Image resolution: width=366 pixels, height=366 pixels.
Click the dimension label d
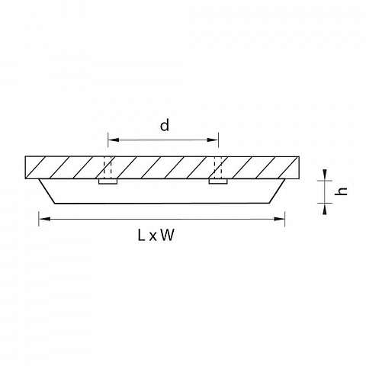tap(165, 126)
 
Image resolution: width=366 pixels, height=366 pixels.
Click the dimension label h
tap(341, 191)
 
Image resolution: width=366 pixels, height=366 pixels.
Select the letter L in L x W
tap(141, 235)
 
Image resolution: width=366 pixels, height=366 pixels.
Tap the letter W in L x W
tap(168, 235)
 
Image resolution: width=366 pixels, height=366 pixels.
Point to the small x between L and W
tap(152, 237)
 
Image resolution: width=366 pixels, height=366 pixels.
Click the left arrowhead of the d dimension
tap(114, 140)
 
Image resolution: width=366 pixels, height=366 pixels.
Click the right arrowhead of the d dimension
tap(213, 140)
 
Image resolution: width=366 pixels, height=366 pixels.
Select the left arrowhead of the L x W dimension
tap(44, 219)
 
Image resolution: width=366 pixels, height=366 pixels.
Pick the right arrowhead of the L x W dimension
tap(279, 219)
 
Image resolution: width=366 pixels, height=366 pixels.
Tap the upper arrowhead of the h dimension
tap(325, 175)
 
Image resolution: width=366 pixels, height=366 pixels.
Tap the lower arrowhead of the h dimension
tap(325, 209)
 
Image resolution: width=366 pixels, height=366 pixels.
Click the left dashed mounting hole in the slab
tap(108, 168)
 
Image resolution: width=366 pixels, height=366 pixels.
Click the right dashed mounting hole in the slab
tap(218, 168)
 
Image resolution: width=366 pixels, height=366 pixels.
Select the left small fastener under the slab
tap(108, 181)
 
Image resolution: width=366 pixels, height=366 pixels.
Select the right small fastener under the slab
tap(218, 181)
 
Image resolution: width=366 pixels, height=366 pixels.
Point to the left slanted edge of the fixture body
tap(47, 191)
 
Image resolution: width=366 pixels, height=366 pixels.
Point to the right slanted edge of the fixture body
tap(277, 191)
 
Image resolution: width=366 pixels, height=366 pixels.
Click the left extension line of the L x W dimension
tap(39, 219)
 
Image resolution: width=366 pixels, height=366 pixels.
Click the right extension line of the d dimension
tap(218, 140)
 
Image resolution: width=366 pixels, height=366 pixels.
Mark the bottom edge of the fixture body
tap(162, 204)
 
